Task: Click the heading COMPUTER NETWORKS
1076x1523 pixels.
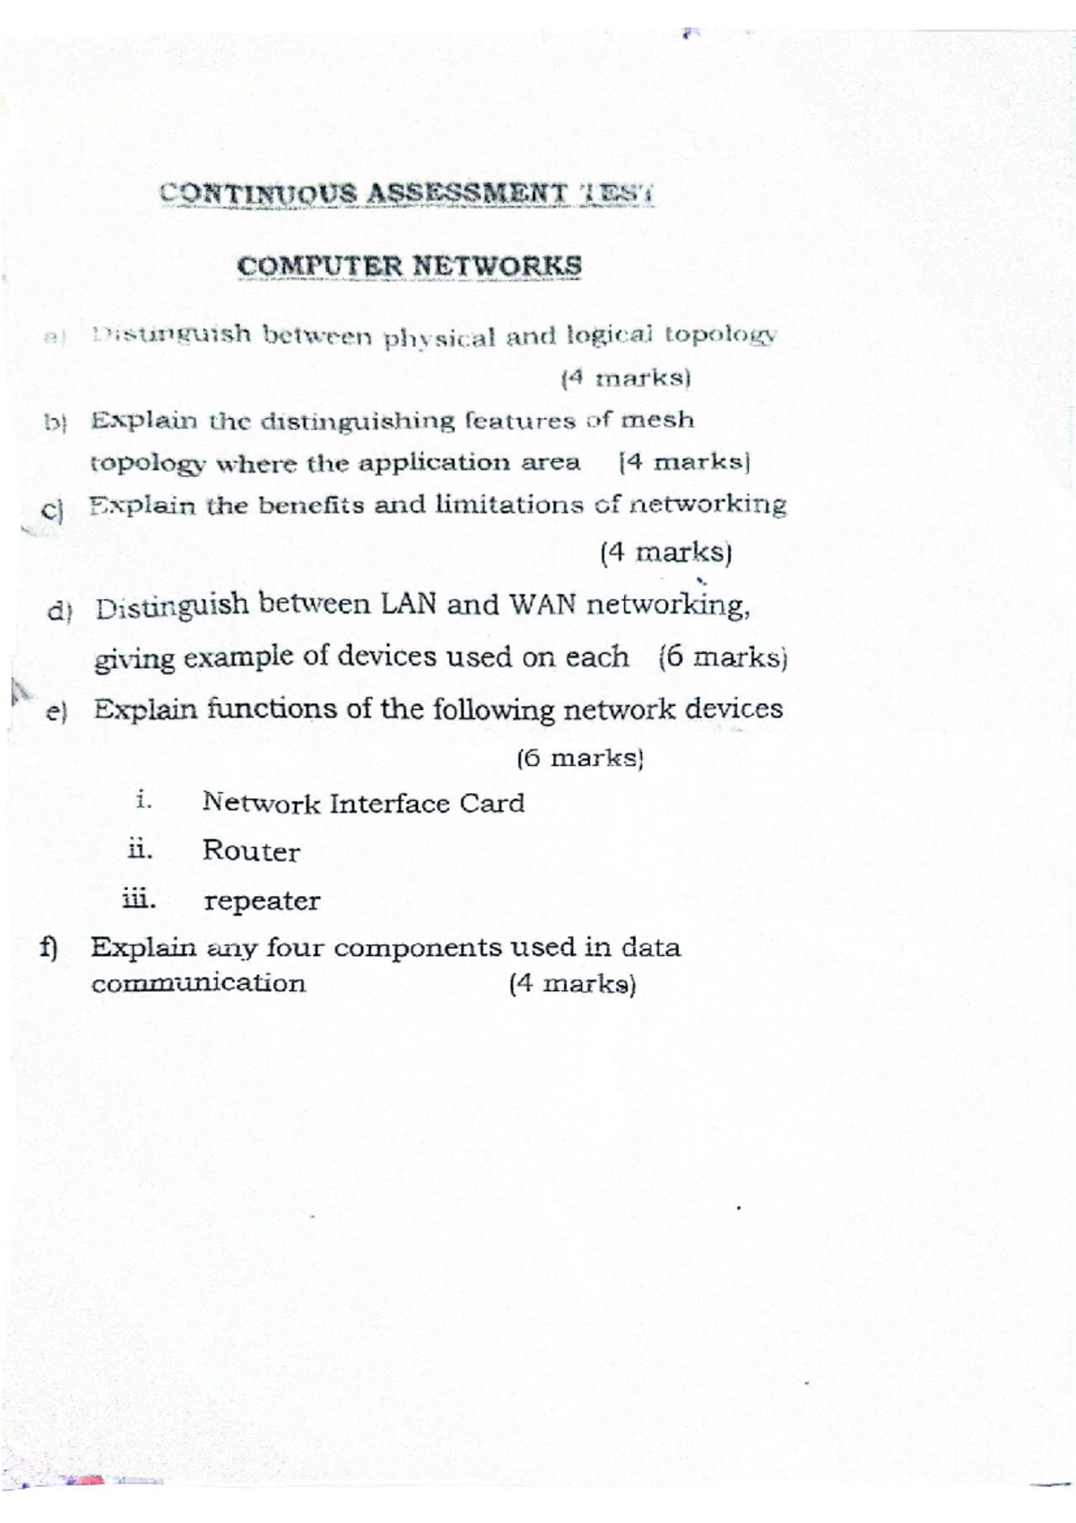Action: pyautogui.click(x=409, y=266)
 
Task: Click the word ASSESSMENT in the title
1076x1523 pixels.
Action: pyautogui.click(x=467, y=193)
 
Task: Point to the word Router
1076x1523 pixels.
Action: pyautogui.click(x=251, y=851)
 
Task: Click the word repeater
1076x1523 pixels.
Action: pyautogui.click(x=262, y=901)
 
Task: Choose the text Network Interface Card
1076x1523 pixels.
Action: pyautogui.click(x=363, y=803)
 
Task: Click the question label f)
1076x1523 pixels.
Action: pyautogui.click(x=48, y=948)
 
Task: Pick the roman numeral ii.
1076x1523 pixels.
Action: pyautogui.click(x=140, y=849)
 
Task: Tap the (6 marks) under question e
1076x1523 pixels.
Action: pyautogui.click(x=581, y=759)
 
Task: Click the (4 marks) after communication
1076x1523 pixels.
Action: pyautogui.click(x=572, y=984)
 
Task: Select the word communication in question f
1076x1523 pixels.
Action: pyautogui.click(x=198, y=983)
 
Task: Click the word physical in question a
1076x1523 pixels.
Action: pyautogui.click(x=439, y=338)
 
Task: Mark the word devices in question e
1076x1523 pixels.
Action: pyautogui.click(x=733, y=709)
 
